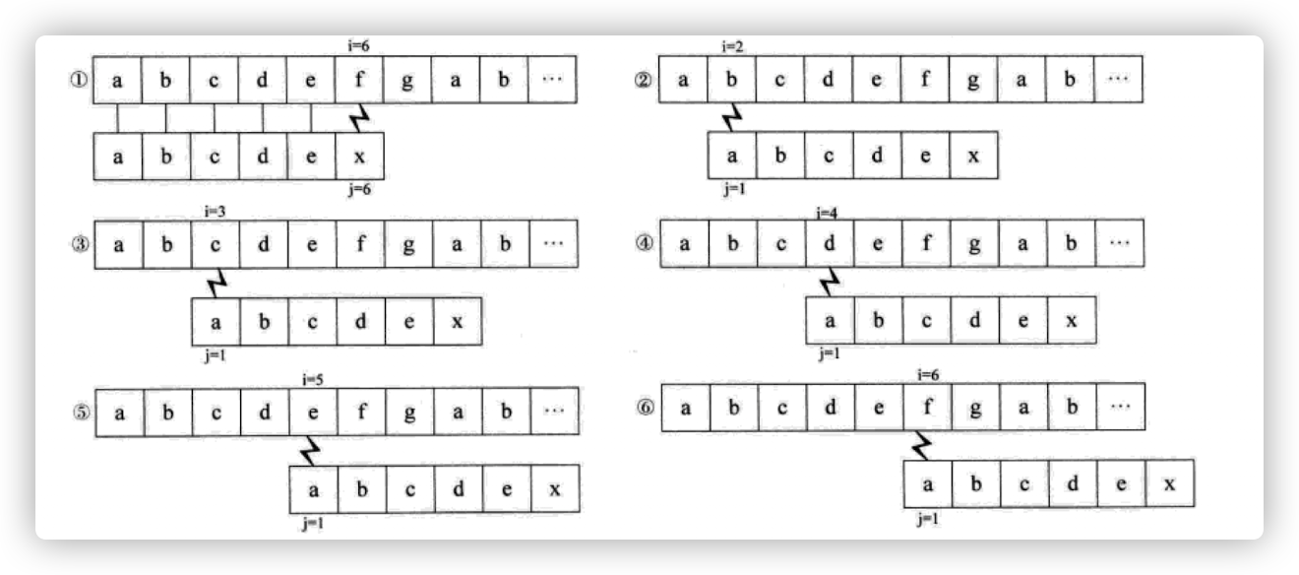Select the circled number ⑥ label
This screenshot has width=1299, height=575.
click(x=645, y=406)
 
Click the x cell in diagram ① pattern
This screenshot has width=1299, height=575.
click(x=359, y=157)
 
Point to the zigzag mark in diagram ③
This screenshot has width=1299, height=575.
click(x=216, y=285)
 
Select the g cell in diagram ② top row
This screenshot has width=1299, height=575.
click(x=973, y=80)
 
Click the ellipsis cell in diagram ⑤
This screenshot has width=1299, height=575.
click(x=553, y=412)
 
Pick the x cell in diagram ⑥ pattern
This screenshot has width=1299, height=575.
click(x=1169, y=483)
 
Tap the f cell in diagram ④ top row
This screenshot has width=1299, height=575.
click(x=925, y=243)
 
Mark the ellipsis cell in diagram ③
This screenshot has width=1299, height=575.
click(x=553, y=244)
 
